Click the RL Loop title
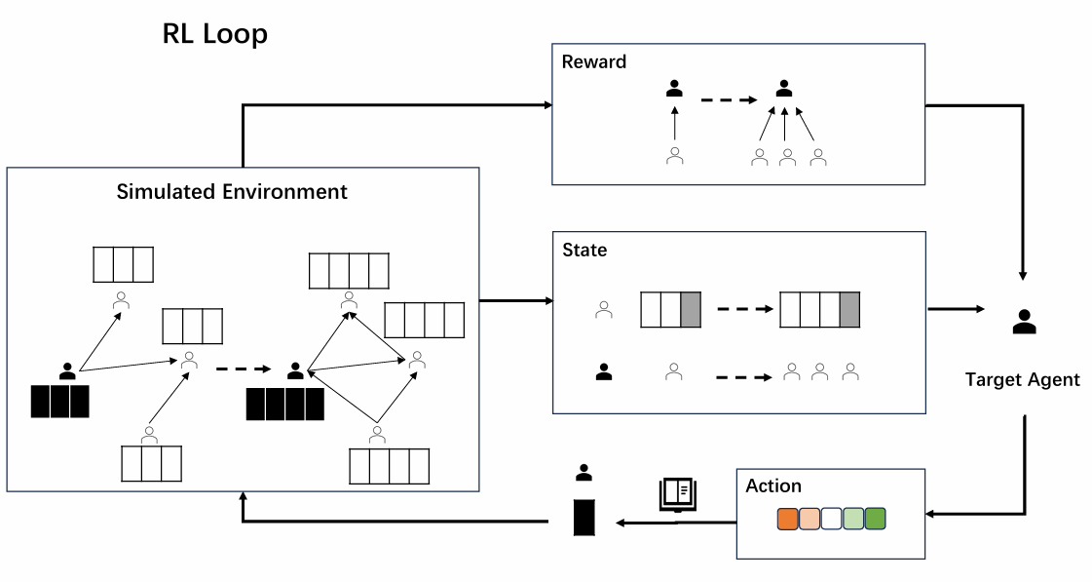click(x=214, y=34)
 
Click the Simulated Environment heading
click(x=232, y=191)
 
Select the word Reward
click(x=594, y=62)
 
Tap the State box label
click(x=584, y=251)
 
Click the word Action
click(x=773, y=485)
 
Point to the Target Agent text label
click(x=1022, y=379)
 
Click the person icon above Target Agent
click(x=1024, y=322)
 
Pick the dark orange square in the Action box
click(x=788, y=519)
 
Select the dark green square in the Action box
click(x=875, y=519)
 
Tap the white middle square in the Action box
click(x=831, y=519)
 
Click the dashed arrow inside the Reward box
click(x=729, y=99)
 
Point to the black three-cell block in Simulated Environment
click(x=59, y=402)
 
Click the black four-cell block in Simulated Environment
click(x=284, y=404)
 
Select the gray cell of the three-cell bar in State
click(x=690, y=309)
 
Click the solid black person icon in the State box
click(x=604, y=371)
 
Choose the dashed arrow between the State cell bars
click(x=744, y=310)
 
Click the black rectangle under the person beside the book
click(x=584, y=516)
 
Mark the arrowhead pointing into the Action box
click(x=932, y=514)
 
